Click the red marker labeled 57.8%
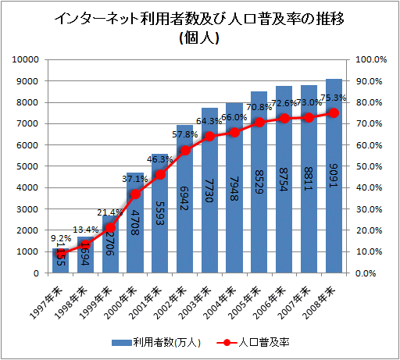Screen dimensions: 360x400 coord(185,149)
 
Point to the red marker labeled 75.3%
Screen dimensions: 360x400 coord(334,112)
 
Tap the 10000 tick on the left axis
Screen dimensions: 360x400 coord(27,60)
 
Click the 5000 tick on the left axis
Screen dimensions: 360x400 coord(30,166)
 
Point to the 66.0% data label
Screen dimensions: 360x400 coord(234,118)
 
